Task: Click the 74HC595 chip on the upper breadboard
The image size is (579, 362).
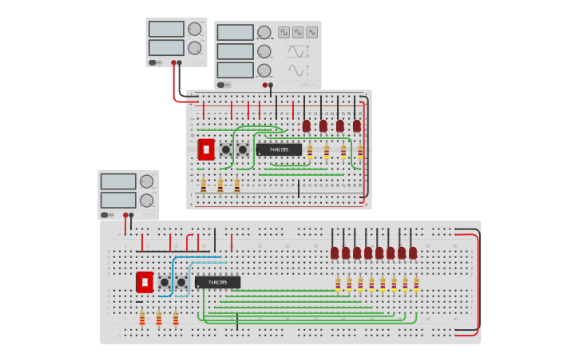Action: (279, 149)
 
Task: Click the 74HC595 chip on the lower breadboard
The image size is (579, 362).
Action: (217, 282)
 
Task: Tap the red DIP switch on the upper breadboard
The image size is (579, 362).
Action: (206, 149)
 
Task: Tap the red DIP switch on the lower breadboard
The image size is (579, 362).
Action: (145, 282)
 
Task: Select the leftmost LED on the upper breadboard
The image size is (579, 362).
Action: (306, 125)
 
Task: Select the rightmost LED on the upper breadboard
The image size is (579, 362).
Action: (357, 125)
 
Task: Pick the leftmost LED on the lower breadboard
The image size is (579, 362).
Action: (335, 253)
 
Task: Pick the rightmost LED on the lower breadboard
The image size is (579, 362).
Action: (413, 253)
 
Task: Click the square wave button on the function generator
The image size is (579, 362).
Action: (284, 33)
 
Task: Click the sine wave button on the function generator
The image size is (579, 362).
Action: (298, 33)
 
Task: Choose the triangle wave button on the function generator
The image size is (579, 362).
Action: (311, 33)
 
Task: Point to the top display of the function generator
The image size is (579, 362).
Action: (235, 33)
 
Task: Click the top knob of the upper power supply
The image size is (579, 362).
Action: (194, 29)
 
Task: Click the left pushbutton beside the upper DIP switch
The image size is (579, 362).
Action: (226, 149)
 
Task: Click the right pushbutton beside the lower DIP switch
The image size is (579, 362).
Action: (181, 282)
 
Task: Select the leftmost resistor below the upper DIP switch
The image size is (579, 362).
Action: (203, 185)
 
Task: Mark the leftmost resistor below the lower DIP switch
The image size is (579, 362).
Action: (142, 319)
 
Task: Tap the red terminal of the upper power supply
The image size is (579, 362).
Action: (173, 62)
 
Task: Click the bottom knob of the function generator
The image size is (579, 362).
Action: (264, 70)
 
